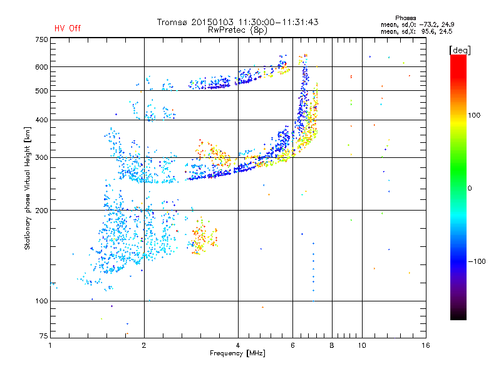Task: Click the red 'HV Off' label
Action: [68, 28]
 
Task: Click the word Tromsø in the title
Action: [173, 22]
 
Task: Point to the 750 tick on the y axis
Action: [41, 39]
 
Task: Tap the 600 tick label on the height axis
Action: [41, 67]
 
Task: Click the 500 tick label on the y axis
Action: [41, 91]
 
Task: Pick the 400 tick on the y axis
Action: [41, 120]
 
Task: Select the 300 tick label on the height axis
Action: [41, 158]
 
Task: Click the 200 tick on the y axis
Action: [41, 211]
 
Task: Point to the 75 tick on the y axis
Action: [43, 337]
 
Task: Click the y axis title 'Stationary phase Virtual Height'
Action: [28, 188]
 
